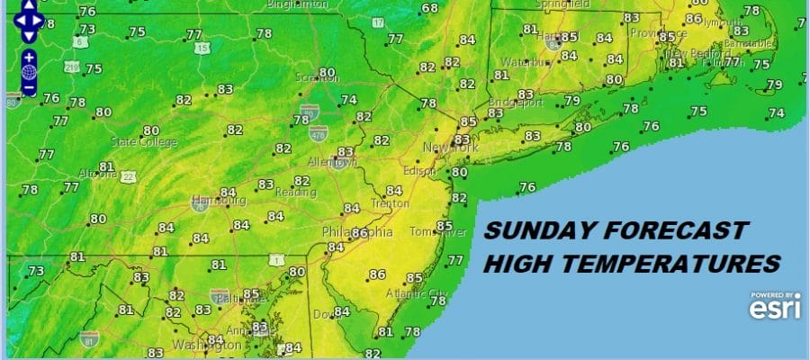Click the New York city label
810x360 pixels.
point(449,147)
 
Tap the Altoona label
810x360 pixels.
point(95,173)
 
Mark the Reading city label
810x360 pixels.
point(295,193)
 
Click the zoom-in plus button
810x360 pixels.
point(29,56)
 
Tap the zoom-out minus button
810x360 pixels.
point(29,88)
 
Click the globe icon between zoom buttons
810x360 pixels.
point(29,72)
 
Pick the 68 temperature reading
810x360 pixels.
point(430,9)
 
